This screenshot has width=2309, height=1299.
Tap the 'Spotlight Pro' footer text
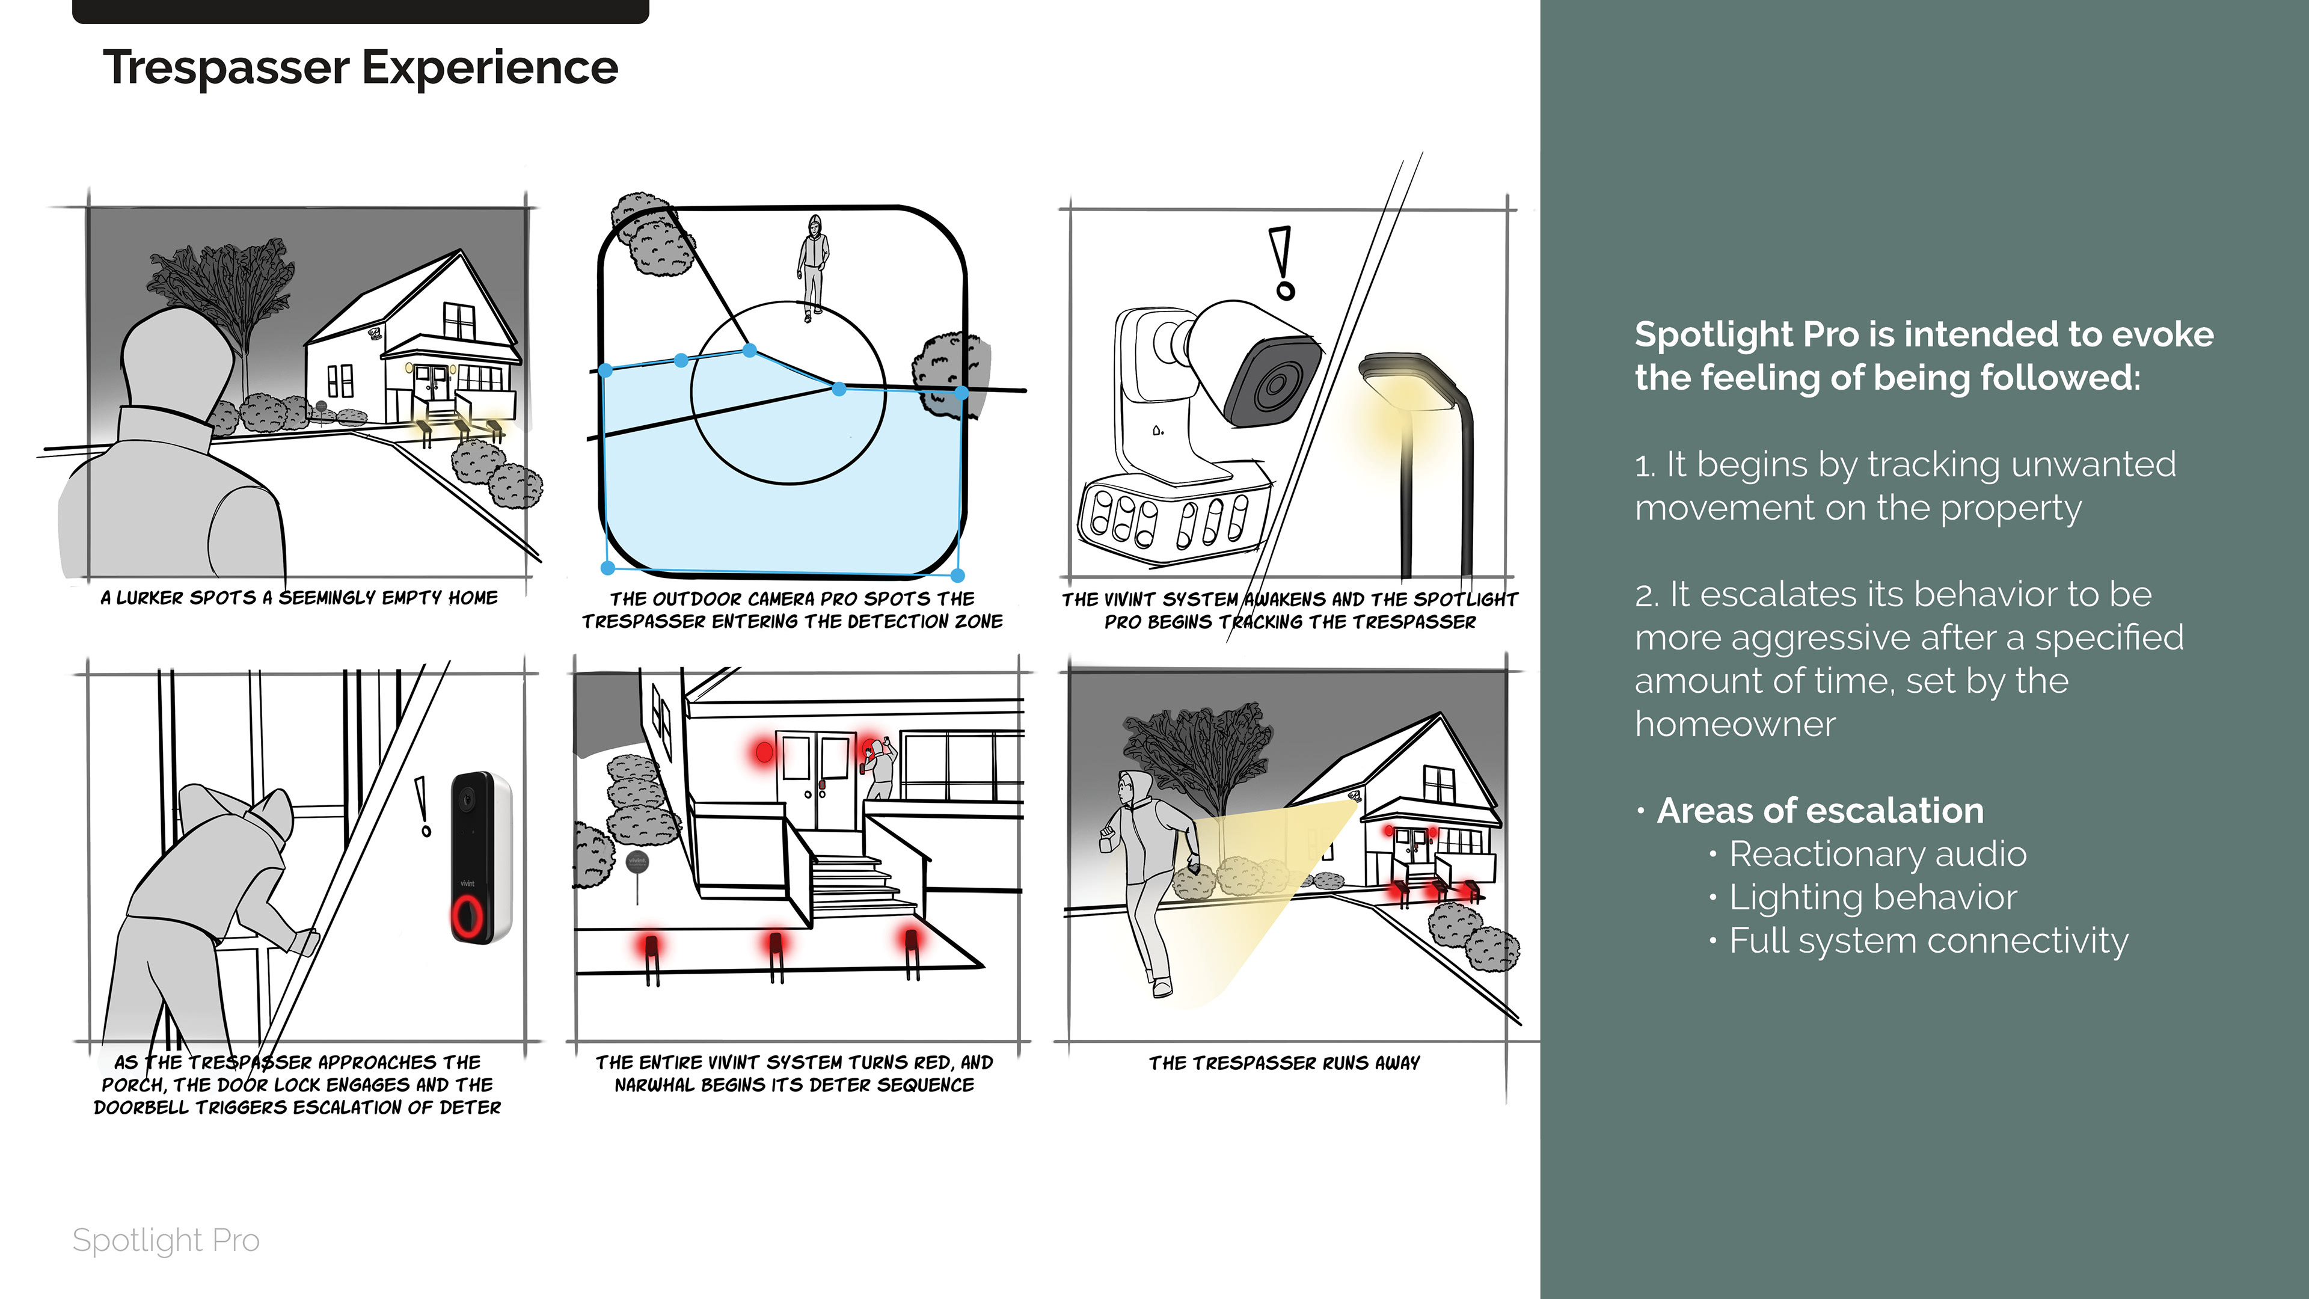pos(166,1240)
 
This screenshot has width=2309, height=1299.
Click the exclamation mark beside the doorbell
pos(422,806)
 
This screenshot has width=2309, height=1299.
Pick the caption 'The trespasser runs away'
pos(1284,1063)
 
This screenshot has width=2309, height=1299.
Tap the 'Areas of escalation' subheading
pos(1820,811)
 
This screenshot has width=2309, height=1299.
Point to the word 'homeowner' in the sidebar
pos(1734,724)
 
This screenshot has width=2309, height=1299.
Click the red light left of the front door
pos(764,751)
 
